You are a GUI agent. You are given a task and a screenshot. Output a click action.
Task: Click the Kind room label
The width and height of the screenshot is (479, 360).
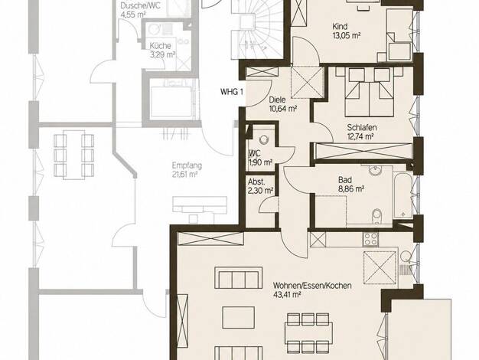[340, 26]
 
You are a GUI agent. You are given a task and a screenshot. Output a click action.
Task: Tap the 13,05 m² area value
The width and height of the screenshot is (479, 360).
[347, 35]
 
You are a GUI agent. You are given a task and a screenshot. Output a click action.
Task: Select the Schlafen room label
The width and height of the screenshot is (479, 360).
[362, 127]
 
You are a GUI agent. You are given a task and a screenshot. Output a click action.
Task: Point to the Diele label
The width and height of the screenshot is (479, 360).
[277, 100]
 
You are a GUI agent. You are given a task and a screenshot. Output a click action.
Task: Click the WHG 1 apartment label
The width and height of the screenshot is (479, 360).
[232, 92]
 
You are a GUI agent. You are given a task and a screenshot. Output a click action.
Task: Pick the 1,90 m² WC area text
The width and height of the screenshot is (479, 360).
[260, 162]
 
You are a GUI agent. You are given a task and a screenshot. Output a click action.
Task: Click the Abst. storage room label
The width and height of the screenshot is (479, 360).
[256, 182]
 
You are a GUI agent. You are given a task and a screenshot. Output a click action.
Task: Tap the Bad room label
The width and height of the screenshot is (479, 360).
[345, 180]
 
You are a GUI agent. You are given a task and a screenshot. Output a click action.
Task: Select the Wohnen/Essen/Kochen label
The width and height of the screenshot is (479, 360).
[312, 286]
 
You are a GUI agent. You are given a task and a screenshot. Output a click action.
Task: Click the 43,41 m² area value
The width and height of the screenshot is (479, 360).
[287, 295]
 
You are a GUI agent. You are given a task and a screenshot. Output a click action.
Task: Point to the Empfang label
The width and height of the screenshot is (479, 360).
[187, 165]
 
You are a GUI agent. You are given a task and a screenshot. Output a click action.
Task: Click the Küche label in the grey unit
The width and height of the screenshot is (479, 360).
[160, 46]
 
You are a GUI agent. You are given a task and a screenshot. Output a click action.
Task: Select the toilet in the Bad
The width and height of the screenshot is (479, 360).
[377, 216]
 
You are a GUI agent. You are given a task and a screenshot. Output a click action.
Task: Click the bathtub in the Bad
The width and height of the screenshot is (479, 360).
[402, 195]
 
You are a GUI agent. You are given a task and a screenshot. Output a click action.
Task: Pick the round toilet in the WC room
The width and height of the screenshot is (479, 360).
[263, 139]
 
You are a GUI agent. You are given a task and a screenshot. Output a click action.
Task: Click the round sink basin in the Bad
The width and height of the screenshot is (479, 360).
[375, 170]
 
